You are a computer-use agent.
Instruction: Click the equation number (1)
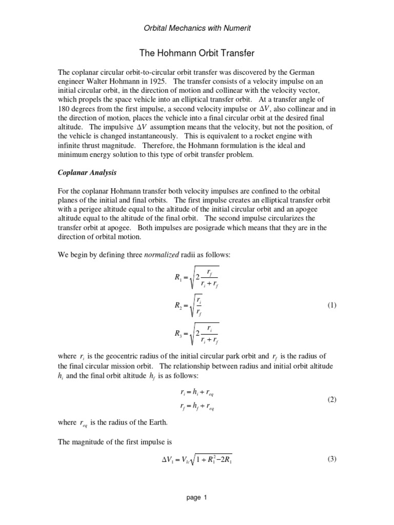point(332,305)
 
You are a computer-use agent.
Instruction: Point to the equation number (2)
point(332,399)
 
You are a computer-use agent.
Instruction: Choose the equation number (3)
point(332,459)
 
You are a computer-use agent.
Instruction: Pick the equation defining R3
point(197,334)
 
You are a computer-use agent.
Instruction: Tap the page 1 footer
point(197,497)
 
